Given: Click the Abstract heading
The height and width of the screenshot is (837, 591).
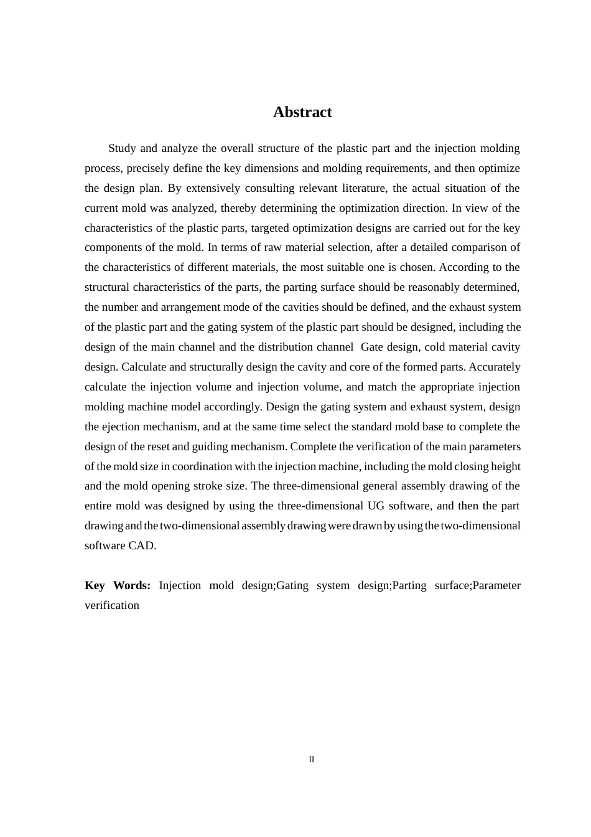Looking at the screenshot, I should [302, 112].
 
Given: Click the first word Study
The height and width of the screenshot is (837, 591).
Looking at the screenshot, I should [122, 148].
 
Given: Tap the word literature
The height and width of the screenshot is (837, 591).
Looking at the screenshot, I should [361, 188].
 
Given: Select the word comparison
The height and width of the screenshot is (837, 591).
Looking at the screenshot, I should [478, 247].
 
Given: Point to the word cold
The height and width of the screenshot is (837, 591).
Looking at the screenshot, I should [435, 347].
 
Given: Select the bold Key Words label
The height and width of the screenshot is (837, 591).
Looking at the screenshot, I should [118, 585].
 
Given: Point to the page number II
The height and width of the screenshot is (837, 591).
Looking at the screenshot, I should [312, 759].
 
